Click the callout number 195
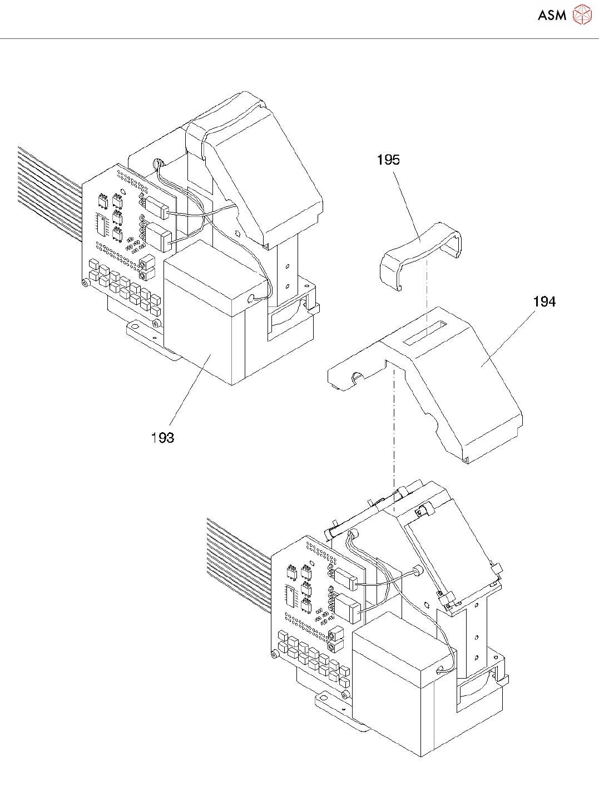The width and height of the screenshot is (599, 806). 388,160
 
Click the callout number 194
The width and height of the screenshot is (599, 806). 544,302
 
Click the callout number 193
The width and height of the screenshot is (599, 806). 162,438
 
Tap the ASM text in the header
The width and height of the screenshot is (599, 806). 552,16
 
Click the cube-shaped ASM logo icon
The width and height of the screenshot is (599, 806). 582,14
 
